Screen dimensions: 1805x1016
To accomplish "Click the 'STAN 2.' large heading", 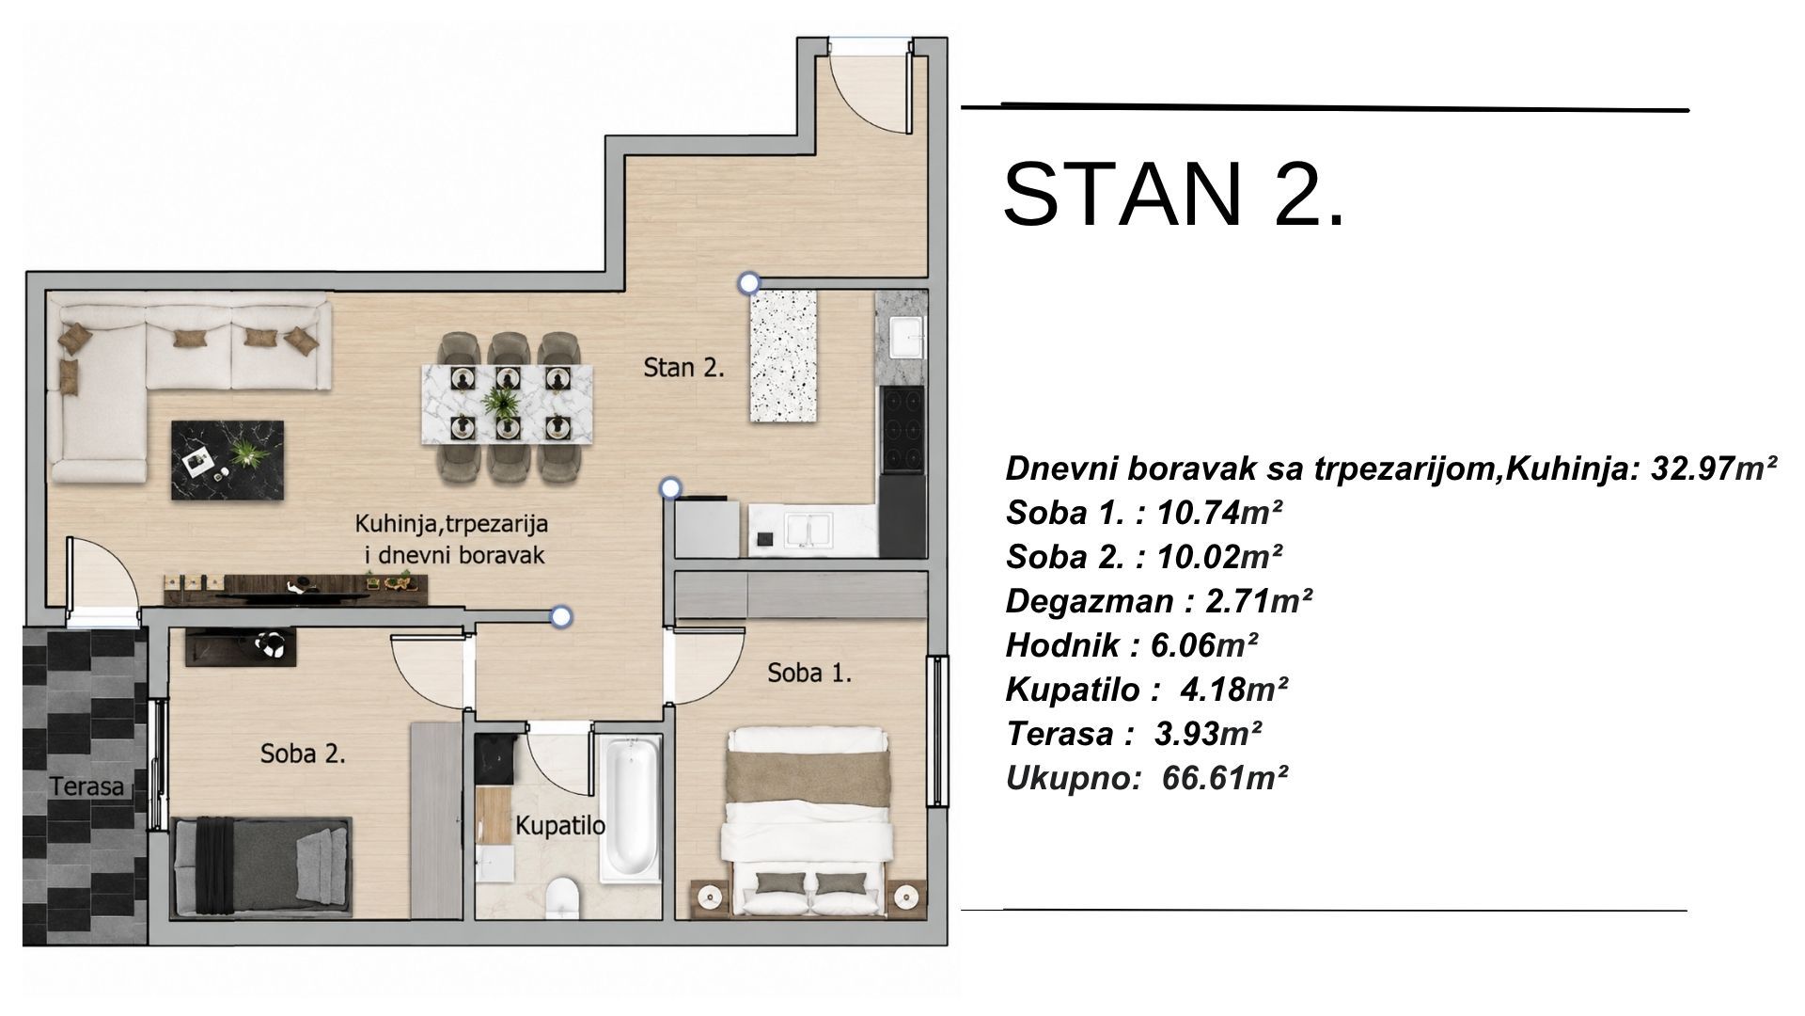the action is click(x=1175, y=195).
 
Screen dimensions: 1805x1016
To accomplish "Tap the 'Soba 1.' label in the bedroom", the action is click(x=809, y=673).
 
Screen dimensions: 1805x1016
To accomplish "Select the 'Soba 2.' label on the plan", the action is click(x=304, y=754).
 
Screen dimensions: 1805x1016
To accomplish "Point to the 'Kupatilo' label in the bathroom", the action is click(x=559, y=826).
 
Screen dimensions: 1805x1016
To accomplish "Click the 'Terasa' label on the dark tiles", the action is click(x=87, y=786).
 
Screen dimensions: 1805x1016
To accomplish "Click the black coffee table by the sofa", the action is click(x=228, y=459).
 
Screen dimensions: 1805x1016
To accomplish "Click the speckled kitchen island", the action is click(x=783, y=356).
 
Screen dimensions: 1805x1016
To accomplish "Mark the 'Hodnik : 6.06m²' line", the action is click(x=1132, y=645).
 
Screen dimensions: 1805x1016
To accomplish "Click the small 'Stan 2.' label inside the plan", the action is click(x=683, y=367).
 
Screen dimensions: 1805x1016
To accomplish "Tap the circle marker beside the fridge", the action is click(x=670, y=487).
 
